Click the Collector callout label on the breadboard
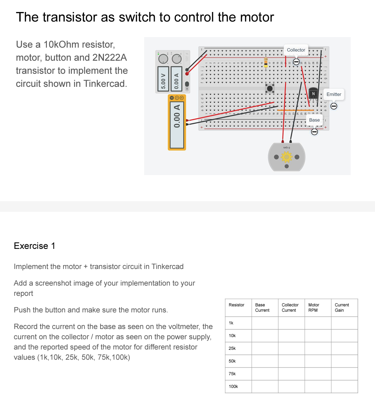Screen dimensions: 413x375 (x=296, y=50)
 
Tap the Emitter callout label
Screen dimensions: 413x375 (x=333, y=94)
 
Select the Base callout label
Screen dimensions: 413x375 (x=314, y=120)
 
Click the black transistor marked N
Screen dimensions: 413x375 (x=313, y=94)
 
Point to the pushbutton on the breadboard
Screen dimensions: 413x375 (x=270, y=88)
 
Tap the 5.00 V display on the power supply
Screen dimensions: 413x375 (x=163, y=79)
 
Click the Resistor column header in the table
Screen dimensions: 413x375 (x=236, y=305)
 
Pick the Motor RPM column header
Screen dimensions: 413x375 (x=313, y=307)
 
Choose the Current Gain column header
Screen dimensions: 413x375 (x=342, y=307)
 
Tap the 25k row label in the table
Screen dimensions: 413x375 (x=232, y=348)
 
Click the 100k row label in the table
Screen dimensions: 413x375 (x=233, y=387)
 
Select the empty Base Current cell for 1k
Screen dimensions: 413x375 (x=265, y=323)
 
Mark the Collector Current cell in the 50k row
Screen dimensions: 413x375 (x=291, y=361)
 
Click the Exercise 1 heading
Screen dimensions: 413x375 (x=35, y=246)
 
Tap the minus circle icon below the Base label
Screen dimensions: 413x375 (x=314, y=132)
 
